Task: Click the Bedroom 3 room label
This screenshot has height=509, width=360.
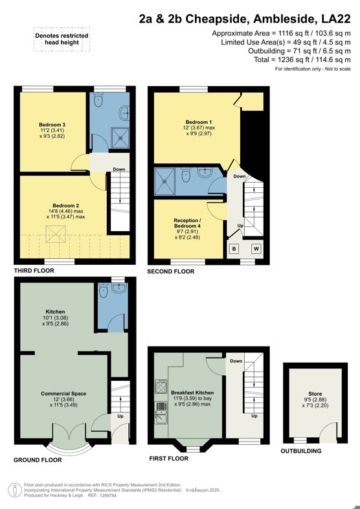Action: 52,124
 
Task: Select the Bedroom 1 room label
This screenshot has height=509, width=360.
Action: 198,122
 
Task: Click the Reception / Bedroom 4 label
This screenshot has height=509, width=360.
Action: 187,224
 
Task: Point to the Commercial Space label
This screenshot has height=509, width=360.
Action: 64,393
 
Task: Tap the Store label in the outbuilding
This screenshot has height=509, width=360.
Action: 315,393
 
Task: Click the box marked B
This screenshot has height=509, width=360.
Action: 234,248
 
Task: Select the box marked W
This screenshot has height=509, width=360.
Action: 256,248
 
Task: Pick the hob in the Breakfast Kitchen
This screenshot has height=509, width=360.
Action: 160,388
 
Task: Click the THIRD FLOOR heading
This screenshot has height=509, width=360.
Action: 38,271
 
